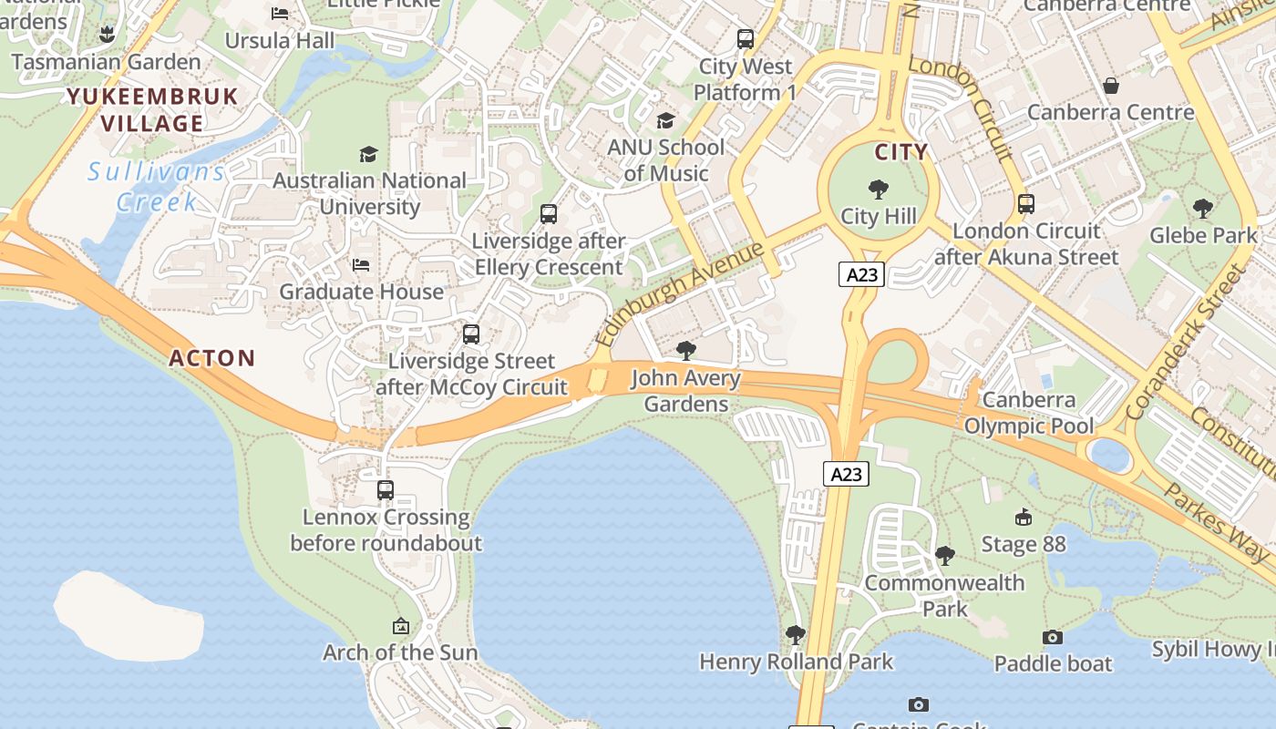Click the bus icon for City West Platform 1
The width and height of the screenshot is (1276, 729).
point(746,39)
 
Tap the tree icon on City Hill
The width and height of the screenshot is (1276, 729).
point(879,190)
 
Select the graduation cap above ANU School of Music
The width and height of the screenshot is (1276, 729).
point(666,121)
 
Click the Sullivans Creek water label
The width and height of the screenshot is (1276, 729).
point(157,186)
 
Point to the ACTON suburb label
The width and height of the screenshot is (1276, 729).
point(212,358)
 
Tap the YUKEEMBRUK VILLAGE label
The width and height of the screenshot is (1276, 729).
point(152,109)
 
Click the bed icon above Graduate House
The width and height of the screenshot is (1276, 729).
point(361,265)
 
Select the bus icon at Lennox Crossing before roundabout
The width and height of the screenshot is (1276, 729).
point(386,490)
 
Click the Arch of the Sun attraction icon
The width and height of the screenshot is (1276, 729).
point(400,626)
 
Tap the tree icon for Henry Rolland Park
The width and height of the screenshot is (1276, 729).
point(796,634)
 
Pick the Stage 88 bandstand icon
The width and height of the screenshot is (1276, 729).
point(1023,518)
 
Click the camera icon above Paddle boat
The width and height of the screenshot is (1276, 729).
point(1053,637)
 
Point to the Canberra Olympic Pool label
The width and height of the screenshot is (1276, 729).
point(1029,413)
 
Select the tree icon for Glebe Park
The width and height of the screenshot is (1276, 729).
point(1203,208)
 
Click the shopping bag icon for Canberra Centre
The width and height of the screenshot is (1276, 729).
point(1111,86)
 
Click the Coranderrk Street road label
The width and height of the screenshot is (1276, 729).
point(1184,343)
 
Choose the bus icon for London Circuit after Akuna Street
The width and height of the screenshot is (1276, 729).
point(1026,204)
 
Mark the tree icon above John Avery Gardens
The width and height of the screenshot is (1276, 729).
point(686,351)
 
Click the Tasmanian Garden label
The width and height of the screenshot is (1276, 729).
point(106,62)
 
